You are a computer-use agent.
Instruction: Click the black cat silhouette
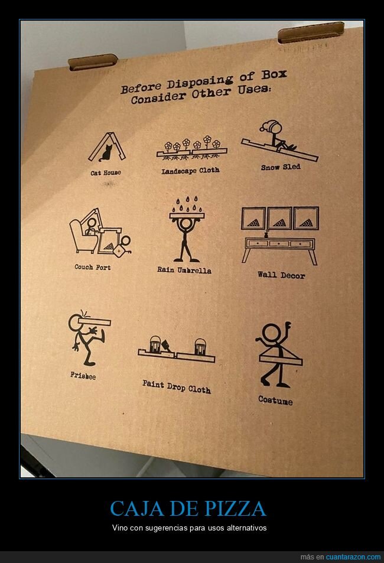click(106, 152)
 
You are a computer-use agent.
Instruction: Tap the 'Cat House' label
click(106, 173)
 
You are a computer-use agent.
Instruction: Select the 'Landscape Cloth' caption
click(190, 171)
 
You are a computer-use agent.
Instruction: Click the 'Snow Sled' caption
click(281, 167)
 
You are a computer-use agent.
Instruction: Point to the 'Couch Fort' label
click(93, 267)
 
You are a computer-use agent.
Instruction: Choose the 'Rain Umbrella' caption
click(184, 270)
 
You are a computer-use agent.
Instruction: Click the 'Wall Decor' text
click(281, 275)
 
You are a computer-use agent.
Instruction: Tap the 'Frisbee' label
click(83, 376)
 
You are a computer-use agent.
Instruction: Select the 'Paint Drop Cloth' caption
click(177, 387)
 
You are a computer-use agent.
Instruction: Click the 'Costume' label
click(275, 401)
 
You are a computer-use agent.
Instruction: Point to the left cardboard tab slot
click(93, 62)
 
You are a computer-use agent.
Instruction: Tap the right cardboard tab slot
click(311, 32)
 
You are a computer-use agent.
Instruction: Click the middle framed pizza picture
click(279, 219)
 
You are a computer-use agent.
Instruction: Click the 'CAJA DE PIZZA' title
click(187, 509)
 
